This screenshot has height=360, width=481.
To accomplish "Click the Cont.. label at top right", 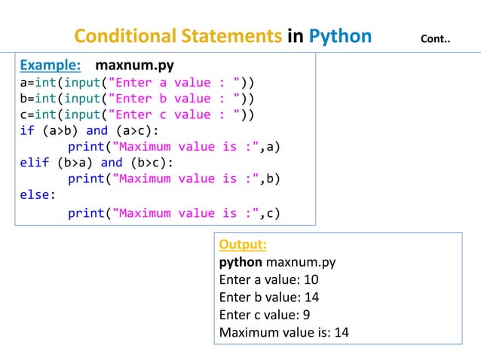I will [x=435, y=38].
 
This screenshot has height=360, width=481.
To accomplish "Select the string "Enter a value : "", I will [x=174, y=81].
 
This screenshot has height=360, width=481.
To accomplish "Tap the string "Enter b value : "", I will [x=174, y=98].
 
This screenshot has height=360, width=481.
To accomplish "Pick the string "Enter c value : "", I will [x=174, y=114].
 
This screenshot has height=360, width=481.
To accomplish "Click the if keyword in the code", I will [x=26, y=130].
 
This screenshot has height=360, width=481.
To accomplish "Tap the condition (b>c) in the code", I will [x=149, y=163].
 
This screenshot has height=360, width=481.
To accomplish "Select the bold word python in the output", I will [x=240, y=263].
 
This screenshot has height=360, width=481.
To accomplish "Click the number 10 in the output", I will [x=311, y=280].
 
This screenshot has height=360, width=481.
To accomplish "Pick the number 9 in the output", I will [x=308, y=315].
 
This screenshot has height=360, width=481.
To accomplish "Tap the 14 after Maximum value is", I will [x=341, y=332].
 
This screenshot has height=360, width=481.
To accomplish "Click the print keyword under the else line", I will [x=86, y=212].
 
